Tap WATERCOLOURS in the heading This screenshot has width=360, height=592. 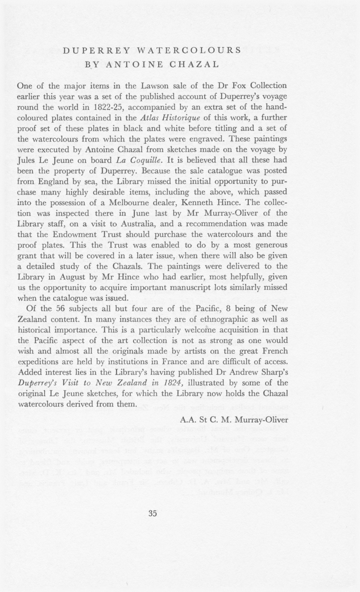click(x=189, y=50)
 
